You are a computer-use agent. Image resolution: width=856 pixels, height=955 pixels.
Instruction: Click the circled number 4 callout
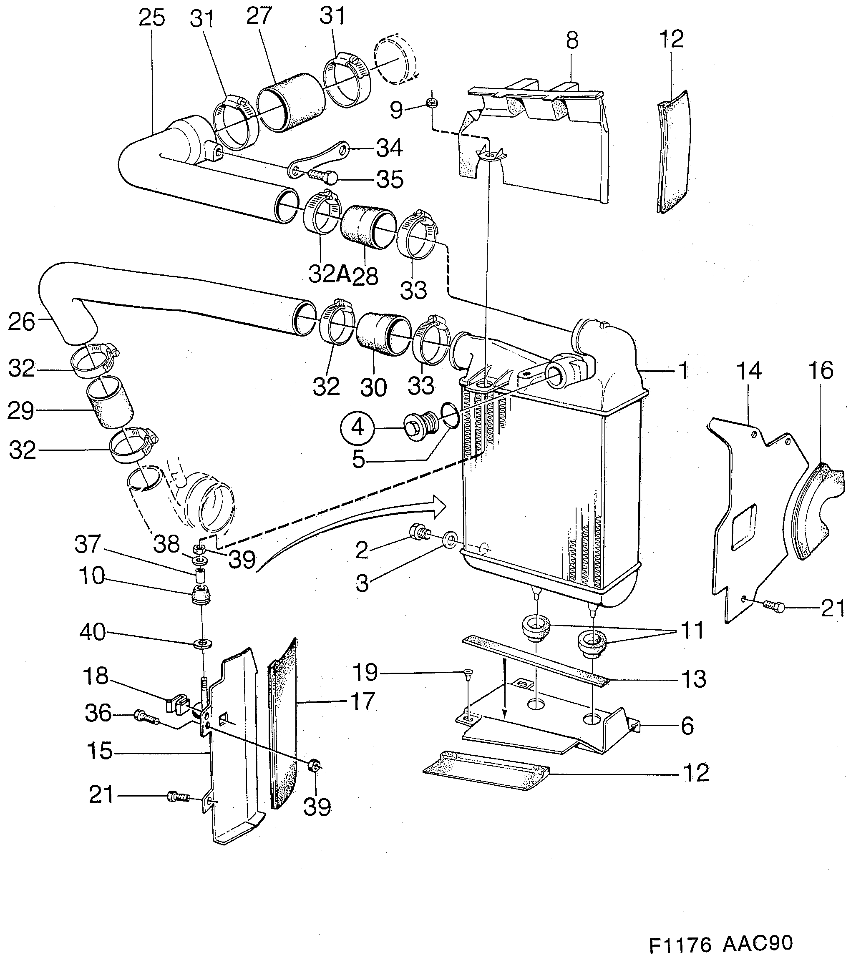[x=358, y=428]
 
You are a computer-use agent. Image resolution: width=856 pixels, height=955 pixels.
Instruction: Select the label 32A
[x=330, y=274]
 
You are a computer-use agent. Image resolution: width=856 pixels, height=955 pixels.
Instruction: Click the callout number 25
[x=152, y=18]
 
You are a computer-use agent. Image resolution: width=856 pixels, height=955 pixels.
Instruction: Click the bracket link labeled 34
[x=320, y=158]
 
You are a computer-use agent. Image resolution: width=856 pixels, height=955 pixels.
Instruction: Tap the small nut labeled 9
[x=431, y=103]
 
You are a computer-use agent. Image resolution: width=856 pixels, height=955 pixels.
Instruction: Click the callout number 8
[x=572, y=40]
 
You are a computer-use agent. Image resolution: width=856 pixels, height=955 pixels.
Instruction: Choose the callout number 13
[x=694, y=679]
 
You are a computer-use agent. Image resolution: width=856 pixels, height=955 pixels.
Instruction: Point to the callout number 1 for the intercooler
[x=683, y=371]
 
